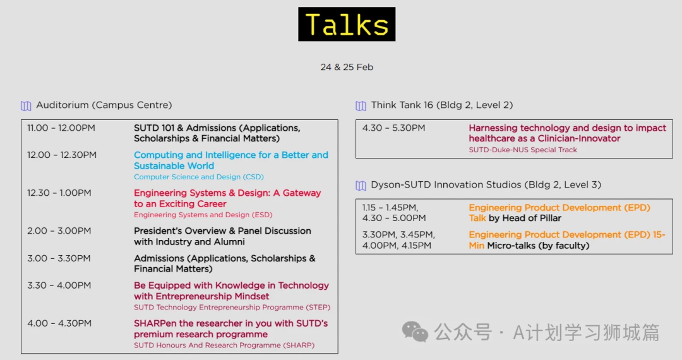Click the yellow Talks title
347,25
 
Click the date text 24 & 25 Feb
347,67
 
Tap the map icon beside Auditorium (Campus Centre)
26,105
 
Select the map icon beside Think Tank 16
361,105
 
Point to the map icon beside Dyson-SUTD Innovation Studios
361,185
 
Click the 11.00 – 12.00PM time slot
61,128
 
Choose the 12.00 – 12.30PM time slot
62,155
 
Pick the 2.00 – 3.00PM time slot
59,231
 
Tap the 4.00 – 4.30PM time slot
59,323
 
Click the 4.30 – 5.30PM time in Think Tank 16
393,128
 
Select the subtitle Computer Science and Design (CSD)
199,177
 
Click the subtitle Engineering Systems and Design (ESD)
203,215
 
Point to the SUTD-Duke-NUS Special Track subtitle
523,150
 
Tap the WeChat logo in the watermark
415,332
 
